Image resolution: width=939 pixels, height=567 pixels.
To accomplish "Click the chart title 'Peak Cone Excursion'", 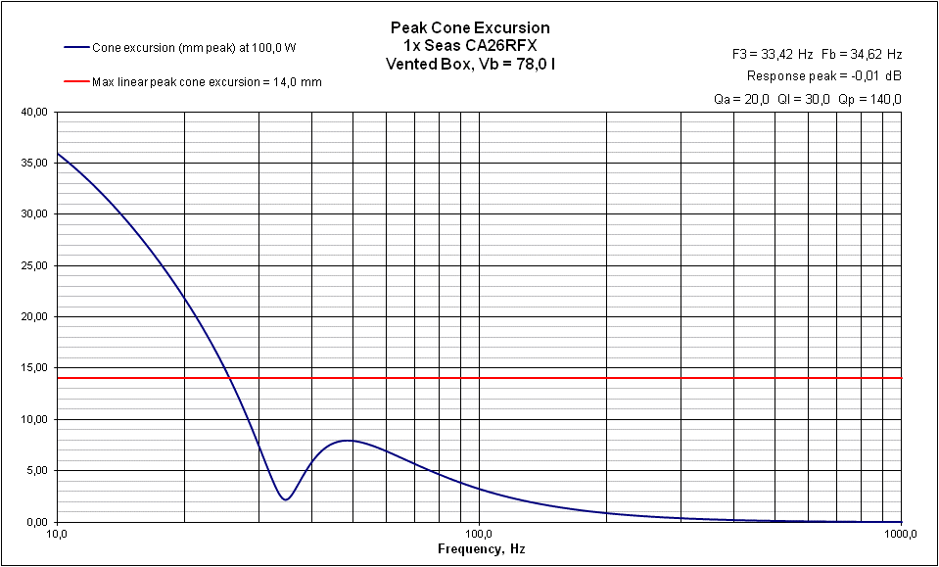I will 470,27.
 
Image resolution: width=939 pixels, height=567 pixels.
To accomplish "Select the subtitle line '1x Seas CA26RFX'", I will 470,45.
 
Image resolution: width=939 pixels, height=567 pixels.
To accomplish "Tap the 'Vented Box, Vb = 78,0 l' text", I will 470,63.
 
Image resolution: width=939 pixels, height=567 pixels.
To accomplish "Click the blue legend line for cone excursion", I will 76,47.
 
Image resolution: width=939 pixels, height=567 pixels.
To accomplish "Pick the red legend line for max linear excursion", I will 76,82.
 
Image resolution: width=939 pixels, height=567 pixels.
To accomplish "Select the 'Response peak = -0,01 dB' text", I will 823,75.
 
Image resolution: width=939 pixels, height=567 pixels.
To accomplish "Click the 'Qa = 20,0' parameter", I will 742,99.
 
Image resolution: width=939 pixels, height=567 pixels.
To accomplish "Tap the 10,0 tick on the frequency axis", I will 57,535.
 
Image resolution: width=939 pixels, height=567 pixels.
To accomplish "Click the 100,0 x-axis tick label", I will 479,535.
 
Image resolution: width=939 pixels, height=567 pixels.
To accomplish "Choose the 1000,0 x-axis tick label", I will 899,535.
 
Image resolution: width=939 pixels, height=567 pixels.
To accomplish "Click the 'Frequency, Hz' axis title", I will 481,549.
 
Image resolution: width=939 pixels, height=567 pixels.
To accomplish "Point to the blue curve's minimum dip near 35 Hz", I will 285,499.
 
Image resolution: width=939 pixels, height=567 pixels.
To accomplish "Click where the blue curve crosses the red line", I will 228,377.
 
